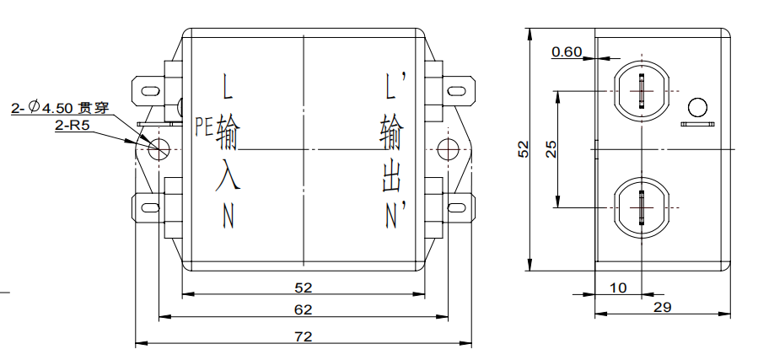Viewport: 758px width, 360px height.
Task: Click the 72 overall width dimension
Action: (x=303, y=336)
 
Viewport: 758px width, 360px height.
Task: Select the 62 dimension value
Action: (x=303, y=309)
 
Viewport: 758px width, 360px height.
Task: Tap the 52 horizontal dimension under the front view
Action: (x=303, y=287)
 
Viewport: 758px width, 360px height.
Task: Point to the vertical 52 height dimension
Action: (x=524, y=149)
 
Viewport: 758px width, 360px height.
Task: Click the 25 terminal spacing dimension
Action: (x=551, y=149)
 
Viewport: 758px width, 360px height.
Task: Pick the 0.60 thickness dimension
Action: (x=567, y=51)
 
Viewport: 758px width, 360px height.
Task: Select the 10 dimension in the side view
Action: (x=618, y=288)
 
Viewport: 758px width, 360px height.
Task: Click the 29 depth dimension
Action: (x=662, y=307)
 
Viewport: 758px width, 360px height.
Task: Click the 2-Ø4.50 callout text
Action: (x=61, y=107)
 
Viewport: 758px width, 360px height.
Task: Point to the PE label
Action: (x=204, y=126)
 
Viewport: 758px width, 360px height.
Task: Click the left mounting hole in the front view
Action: (x=159, y=149)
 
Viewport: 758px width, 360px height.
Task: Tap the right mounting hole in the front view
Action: (x=448, y=149)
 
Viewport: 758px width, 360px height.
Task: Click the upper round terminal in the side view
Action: (x=642, y=91)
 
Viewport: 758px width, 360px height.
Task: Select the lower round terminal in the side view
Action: (x=642, y=207)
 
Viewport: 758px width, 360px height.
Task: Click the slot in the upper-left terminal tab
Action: (x=151, y=91)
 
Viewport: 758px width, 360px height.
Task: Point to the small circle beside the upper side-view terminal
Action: (x=697, y=107)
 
